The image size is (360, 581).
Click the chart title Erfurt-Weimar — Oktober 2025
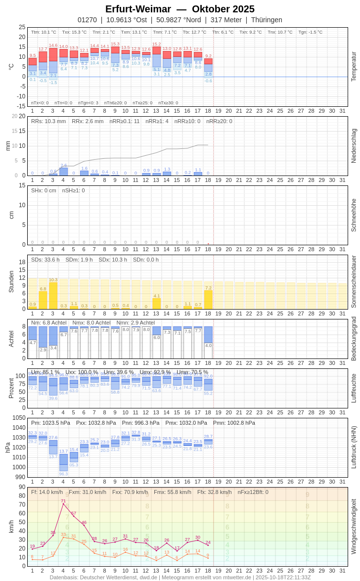tap(180, 9)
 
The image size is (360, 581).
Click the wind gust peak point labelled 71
tap(63, 504)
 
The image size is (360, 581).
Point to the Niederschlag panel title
tap(354, 146)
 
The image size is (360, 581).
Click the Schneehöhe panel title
tap(354, 215)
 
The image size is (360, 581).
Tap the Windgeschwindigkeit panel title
tap(354, 527)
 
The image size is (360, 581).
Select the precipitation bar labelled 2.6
tap(63, 172)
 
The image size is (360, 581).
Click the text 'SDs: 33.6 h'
tap(45, 260)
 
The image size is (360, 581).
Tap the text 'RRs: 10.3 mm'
tap(48, 121)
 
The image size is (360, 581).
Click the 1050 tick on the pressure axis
tap(19, 418)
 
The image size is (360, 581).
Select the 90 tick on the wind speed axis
tap(22, 487)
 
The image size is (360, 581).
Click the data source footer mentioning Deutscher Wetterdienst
tap(180, 577)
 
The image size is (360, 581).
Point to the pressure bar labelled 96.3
tap(63, 463)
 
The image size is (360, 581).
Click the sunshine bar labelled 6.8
tap(43, 300)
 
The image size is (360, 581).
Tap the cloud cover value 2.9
tap(43, 350)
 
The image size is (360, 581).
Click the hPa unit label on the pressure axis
tap(7, 447)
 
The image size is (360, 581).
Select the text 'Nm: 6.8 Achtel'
tap(48, 322)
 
